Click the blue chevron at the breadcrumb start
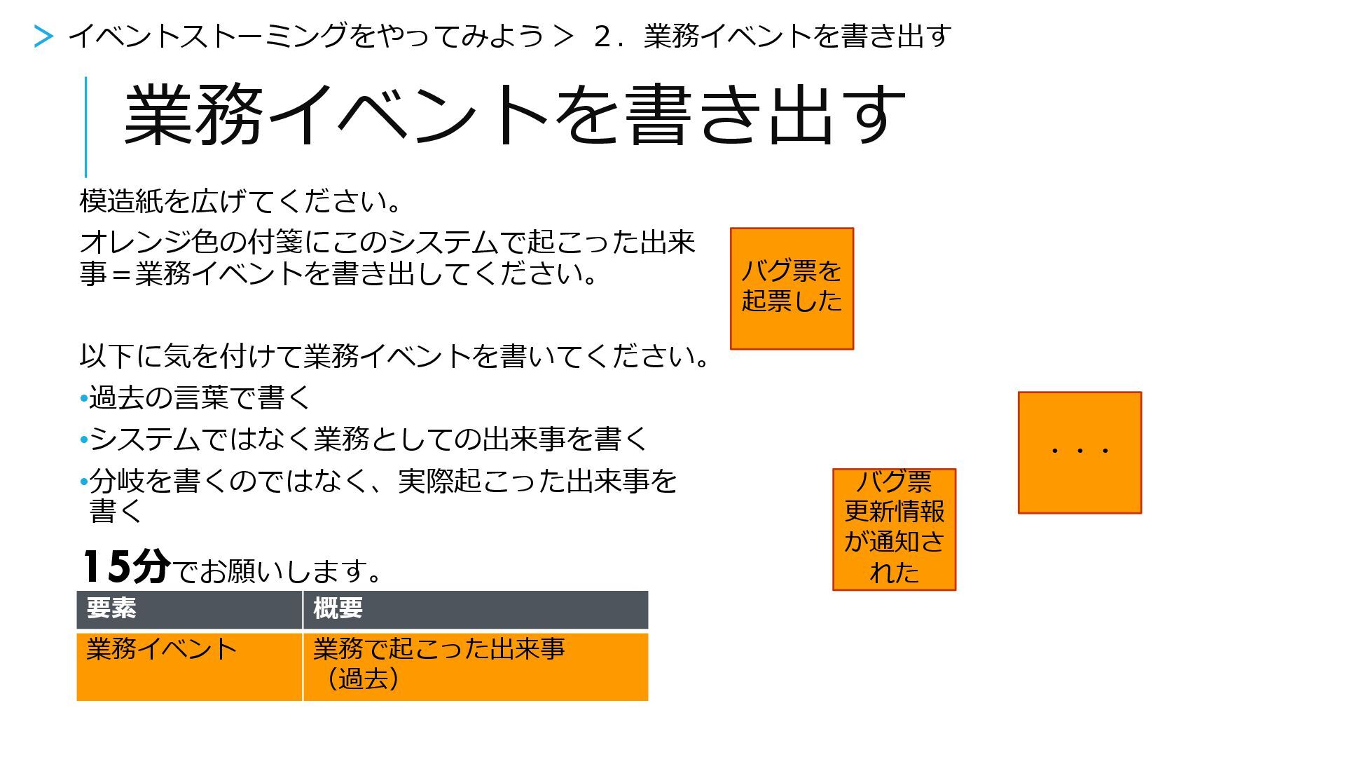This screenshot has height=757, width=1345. [43, 36]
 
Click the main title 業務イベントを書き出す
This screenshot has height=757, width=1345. [514, 114]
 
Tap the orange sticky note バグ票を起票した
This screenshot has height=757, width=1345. [792, 288]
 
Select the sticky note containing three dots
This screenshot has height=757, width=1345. [1080, 453]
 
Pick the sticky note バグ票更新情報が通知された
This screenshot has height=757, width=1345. [894, 529]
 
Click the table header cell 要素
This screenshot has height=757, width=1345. [189, 609]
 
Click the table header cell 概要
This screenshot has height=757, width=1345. [475, 609]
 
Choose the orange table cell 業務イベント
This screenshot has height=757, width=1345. [189, 666]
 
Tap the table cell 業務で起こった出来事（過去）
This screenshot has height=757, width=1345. [475, 666]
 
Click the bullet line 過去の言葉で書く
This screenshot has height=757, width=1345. [200, 398]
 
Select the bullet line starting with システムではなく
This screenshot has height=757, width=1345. [368, 439]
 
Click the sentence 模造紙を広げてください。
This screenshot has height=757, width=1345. [242, 202]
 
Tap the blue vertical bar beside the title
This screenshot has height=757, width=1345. [86, 127]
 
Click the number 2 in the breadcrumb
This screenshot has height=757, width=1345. [602, 36]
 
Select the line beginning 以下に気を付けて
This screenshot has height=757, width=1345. [396, 357]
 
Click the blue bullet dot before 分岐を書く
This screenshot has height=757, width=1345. [84, 482]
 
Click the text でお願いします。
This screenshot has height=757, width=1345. [277, 571]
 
